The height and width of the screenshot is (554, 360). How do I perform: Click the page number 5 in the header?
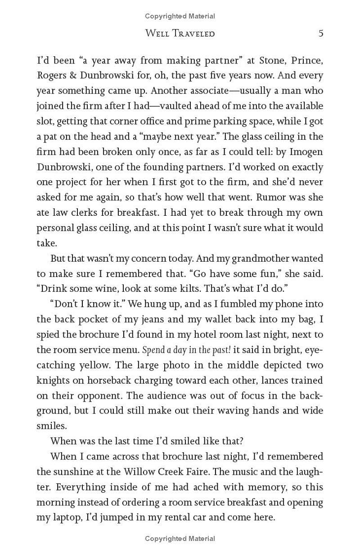pos(320,33)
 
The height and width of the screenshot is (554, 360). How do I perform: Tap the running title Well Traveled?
pos(180,33)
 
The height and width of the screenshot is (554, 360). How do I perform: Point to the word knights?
pos(51,380)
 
